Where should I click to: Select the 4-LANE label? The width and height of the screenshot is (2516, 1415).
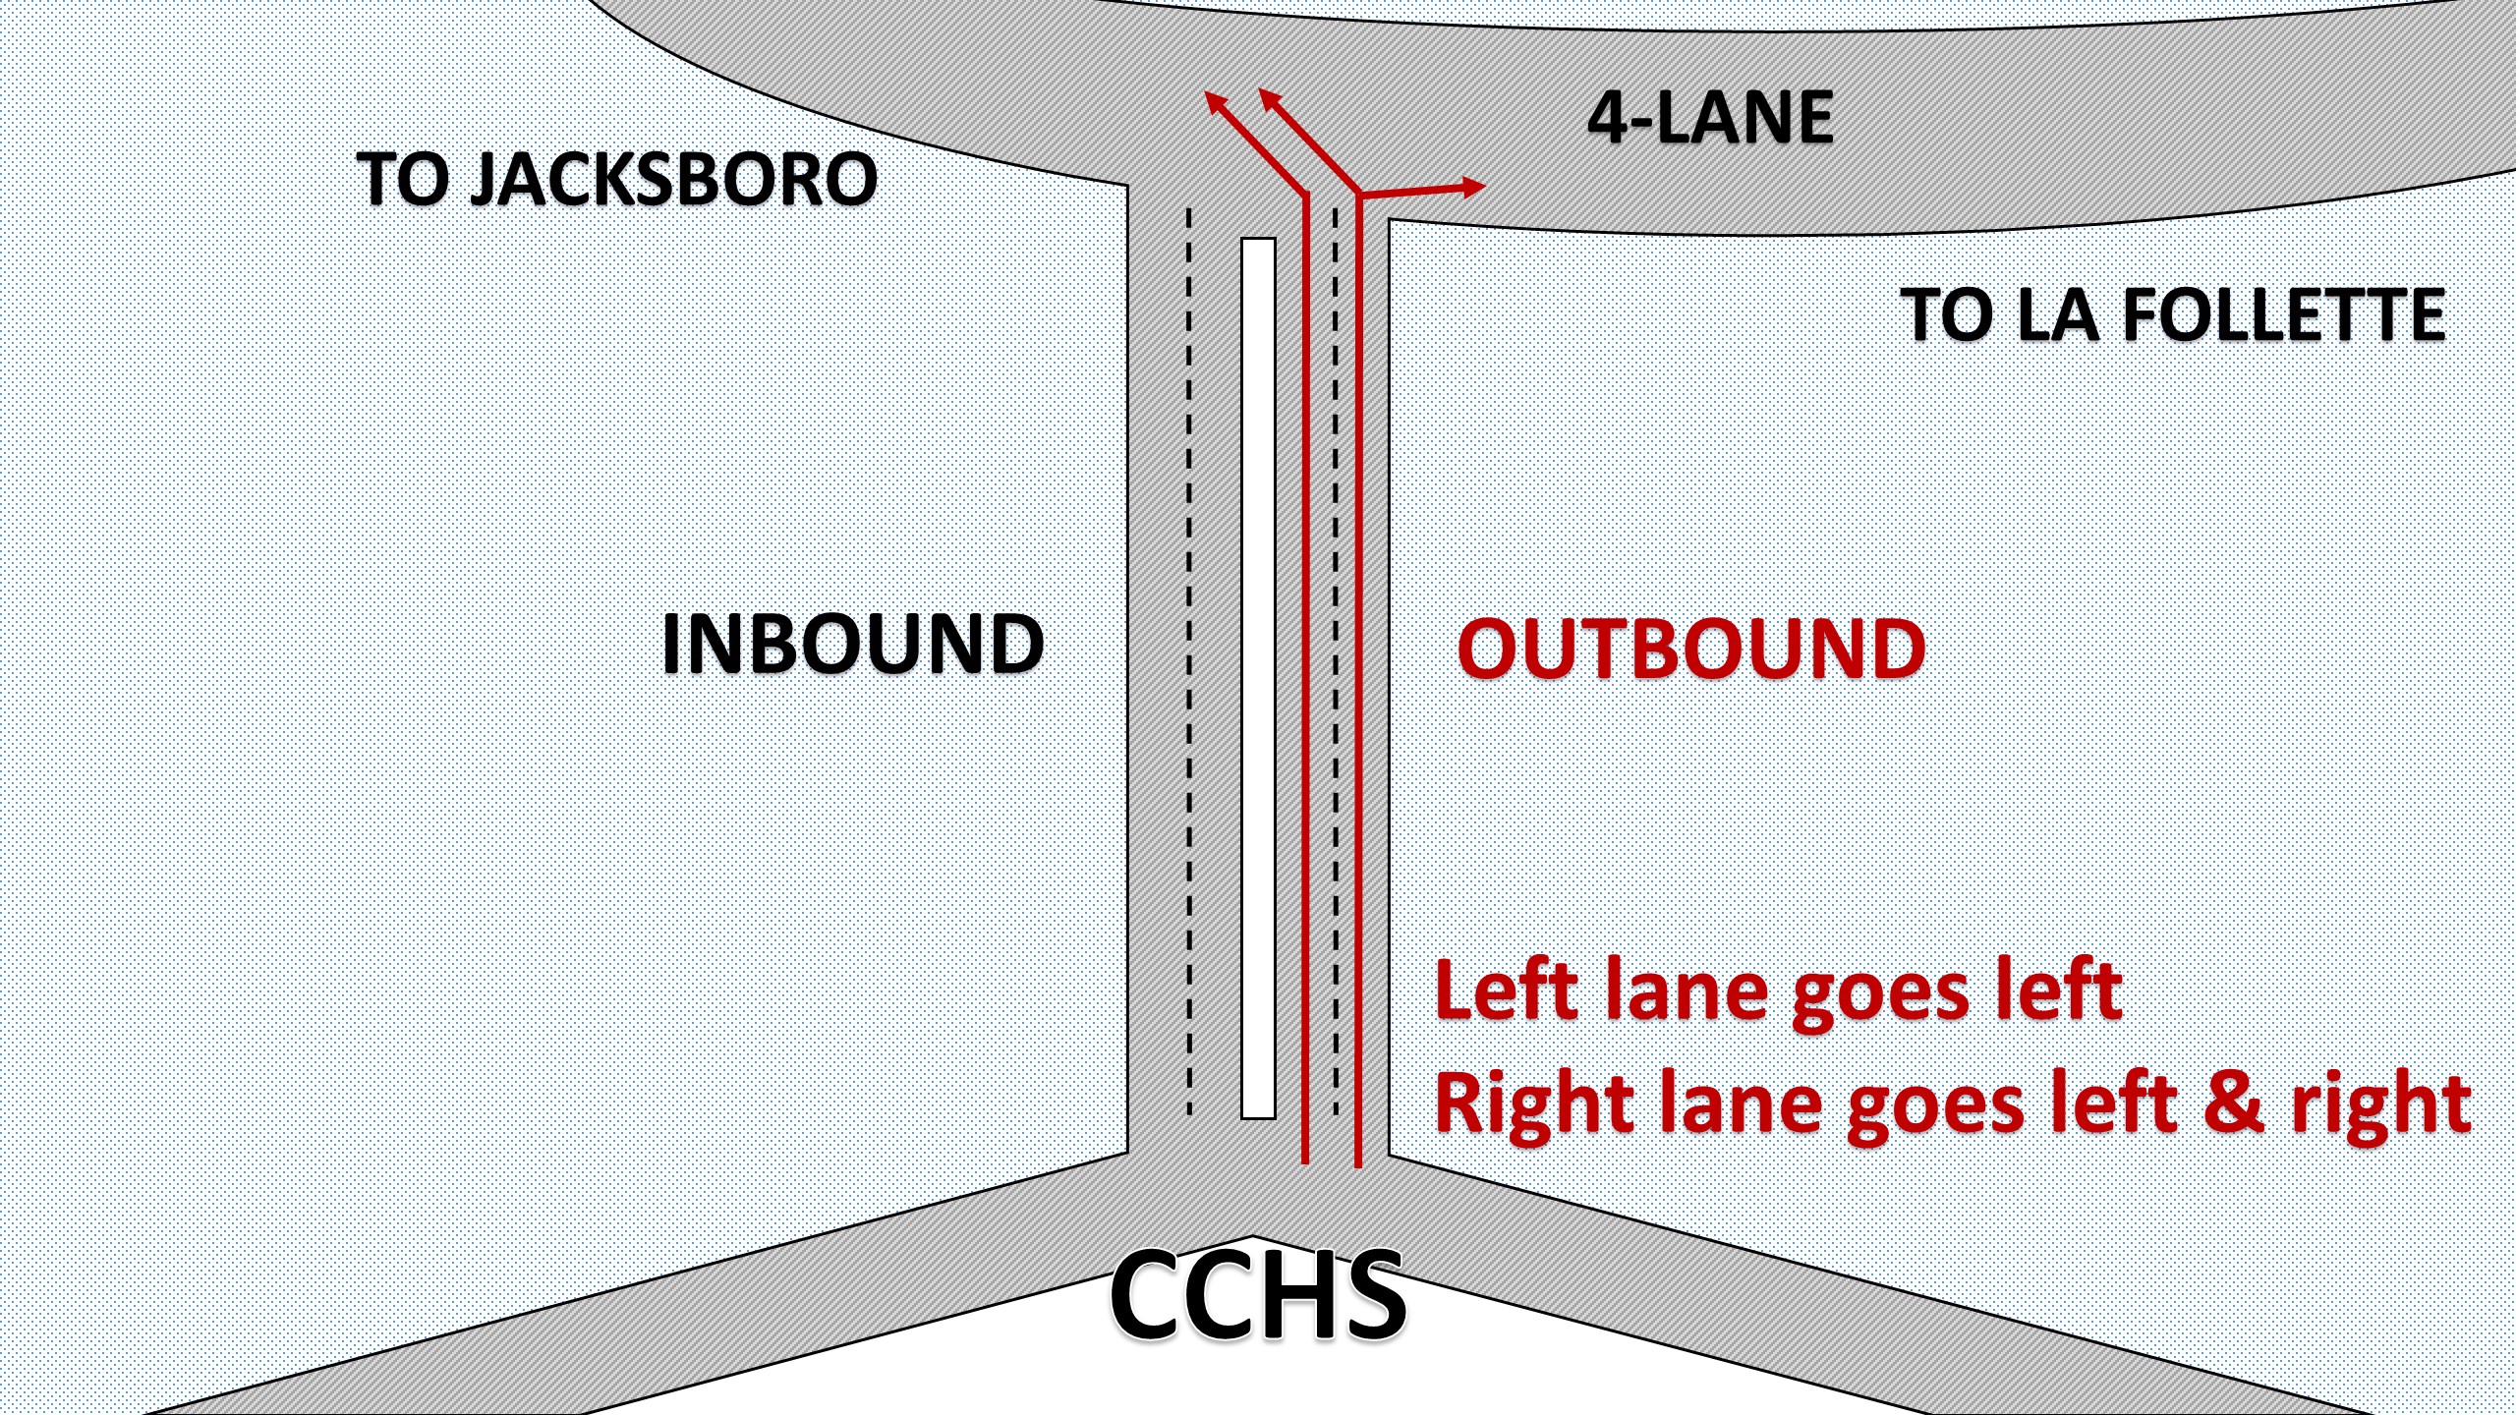[x=1710, y=118]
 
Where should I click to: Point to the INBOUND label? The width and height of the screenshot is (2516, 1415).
[x=852, y=644]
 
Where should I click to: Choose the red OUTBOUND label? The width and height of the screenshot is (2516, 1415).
[x=1690, y=649]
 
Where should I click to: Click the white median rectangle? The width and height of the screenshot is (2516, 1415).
[x=1258, y=678]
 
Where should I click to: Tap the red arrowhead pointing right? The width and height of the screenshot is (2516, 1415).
[x=1472, y=186]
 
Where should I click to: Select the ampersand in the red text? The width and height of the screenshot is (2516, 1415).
[x=2233, y=1102]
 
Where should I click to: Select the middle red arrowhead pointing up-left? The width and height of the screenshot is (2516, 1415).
[x=1269, y=99]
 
